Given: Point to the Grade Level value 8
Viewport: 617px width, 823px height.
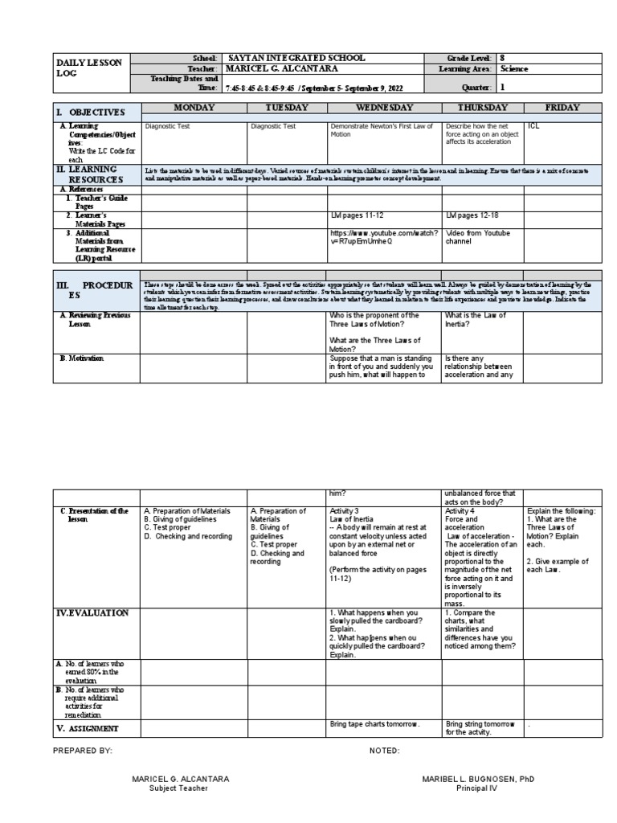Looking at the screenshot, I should tap(503, 59).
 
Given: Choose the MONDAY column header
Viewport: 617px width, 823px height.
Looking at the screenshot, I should tap(194, 108).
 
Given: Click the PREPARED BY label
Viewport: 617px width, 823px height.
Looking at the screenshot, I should tap(82, 750).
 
